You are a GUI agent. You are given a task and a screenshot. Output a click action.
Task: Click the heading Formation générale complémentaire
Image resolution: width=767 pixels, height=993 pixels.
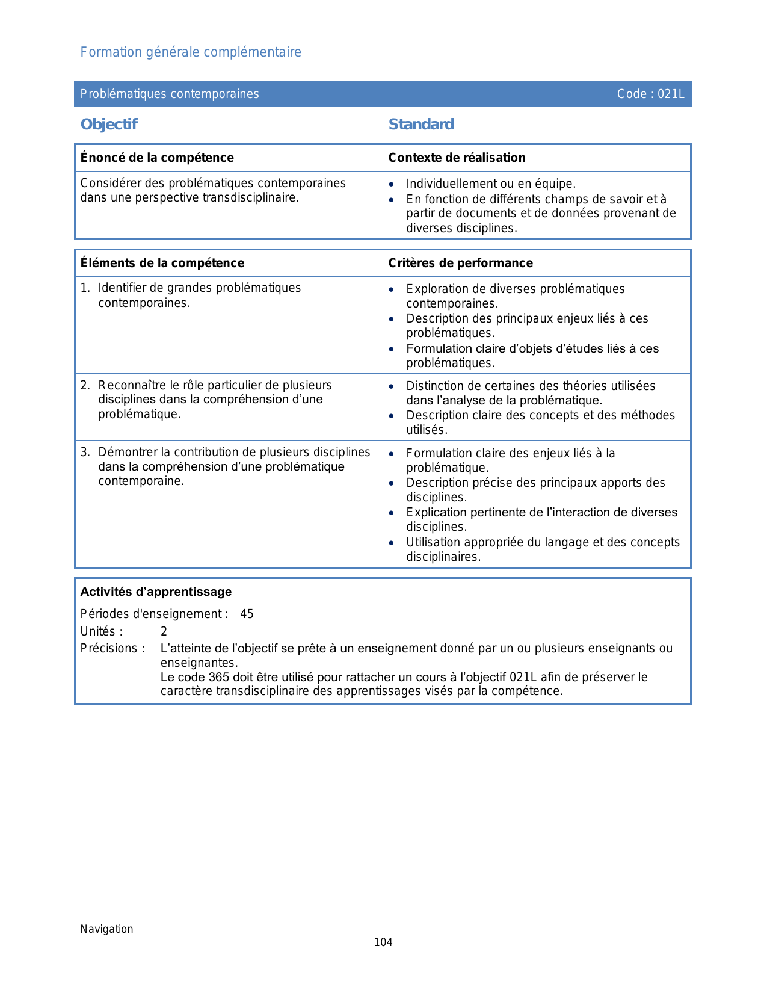point(191,52)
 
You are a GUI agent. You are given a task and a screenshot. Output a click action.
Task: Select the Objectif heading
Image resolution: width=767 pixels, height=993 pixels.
point(109,125)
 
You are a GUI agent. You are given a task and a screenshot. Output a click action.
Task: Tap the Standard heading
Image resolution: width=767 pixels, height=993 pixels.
point(421,125)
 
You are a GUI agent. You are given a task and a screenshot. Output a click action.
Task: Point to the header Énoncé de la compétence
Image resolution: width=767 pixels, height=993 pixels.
point(157,158)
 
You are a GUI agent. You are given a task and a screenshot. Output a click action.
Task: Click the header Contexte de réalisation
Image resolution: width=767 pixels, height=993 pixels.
point(457,158)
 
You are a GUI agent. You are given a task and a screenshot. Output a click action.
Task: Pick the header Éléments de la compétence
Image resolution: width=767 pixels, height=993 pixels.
point(162,263)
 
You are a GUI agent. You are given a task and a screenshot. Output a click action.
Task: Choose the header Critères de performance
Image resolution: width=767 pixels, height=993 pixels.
point(460,263)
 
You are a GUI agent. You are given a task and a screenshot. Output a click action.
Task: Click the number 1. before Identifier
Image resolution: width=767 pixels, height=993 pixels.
point(85,288)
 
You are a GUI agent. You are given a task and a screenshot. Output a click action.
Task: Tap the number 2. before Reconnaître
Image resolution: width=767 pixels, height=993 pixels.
point(85,385)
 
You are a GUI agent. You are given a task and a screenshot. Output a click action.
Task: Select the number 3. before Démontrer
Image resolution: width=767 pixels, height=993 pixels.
point(85,452)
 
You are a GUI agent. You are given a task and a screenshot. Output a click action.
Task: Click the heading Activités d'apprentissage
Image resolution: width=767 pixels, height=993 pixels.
point(156,592)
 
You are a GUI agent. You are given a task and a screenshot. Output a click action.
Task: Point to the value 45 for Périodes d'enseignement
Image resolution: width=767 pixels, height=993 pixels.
point(247,614)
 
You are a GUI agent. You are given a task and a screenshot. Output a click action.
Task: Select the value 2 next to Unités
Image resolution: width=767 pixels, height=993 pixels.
point(164,632)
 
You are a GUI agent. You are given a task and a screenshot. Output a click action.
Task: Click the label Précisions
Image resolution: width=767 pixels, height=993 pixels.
point(112,649)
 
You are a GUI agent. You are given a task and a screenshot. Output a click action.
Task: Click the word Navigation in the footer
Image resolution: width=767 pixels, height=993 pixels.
point(106,929)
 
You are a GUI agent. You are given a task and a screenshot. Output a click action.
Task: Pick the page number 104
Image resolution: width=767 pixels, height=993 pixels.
point(383,942)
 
